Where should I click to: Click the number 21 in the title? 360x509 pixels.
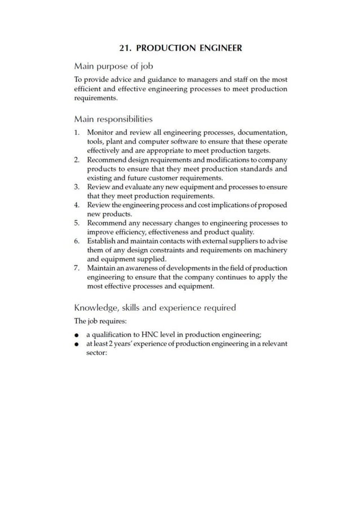coord(125,48)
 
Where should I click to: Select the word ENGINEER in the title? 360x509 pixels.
coord(218,48)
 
